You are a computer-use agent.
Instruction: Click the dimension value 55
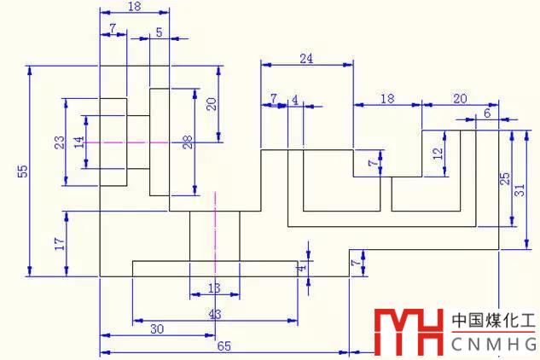click(23, 171)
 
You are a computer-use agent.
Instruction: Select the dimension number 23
click(59, 142)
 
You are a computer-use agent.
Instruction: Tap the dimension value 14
click(79, 142)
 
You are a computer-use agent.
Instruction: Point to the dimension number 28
click(188, 142)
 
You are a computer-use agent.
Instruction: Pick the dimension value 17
click(59, 243)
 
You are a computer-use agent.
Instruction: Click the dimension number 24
click(306, 58)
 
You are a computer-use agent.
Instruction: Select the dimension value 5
click(160, 32)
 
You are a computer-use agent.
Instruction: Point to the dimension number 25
click(504, 179)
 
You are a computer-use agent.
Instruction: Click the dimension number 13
click(214, 288)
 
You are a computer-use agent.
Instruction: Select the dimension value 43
click(214, 315)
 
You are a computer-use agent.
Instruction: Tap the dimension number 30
click(157, 329)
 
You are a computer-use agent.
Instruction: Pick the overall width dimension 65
click(224, 345)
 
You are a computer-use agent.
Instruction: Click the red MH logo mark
click(408, 333)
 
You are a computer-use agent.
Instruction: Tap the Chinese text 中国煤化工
click(492, 322)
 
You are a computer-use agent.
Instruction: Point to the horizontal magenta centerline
click(128, 142)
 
